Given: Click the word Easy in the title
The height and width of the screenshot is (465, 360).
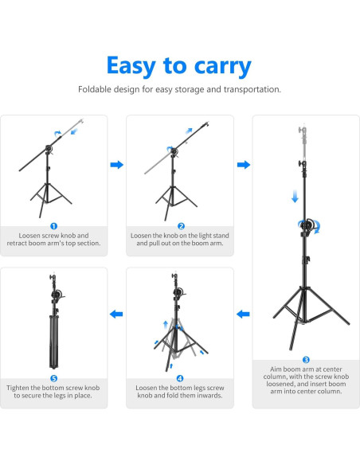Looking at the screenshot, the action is (131, 65).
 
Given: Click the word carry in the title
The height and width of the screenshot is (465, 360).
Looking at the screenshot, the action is (223, 67).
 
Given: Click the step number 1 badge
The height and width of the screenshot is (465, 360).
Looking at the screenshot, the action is (53, 226).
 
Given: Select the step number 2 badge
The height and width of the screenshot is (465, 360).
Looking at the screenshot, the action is (181, 226).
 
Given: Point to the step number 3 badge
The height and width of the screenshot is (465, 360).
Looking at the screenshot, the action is (306, 360).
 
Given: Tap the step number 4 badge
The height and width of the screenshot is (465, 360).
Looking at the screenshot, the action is (180, 378).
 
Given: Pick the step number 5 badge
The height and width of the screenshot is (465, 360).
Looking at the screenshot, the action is (53, 378).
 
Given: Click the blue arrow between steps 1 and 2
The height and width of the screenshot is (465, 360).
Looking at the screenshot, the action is (117, 165).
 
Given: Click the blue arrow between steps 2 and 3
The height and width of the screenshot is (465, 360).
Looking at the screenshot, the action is (244, 165).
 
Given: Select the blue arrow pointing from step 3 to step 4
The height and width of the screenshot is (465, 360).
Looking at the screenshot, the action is (243, 314).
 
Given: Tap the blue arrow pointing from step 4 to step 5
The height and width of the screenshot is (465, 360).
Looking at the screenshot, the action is (116, 314).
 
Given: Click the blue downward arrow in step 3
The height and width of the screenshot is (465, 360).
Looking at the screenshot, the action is (295, 197).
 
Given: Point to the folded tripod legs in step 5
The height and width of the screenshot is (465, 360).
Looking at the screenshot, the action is (53, 342).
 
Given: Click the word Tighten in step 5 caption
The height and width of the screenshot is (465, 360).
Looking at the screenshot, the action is (18, 388).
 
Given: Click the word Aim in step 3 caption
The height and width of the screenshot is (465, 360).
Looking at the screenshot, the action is (276, 369).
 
